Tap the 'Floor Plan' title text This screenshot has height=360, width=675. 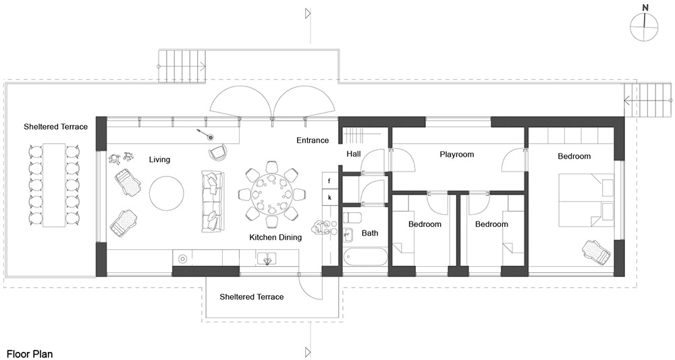[30, 354]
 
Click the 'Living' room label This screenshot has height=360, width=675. [160, 160]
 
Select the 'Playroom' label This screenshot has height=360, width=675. [457, 154]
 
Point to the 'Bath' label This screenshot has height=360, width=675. [370, 233]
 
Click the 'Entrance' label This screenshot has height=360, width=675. [313, 140]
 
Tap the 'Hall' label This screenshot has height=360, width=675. [354, 154]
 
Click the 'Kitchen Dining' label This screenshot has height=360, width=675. [275, 237]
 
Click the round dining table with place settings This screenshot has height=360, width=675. [271, 195]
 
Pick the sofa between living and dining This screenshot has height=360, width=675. [213, 201]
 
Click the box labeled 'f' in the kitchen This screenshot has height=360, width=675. [329, 181]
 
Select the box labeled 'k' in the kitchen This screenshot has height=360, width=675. [329, 198]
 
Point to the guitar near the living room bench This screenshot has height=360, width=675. [205, 134]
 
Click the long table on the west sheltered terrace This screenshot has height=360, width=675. [54, 186]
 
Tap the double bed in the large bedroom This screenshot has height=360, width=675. [587, 200]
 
